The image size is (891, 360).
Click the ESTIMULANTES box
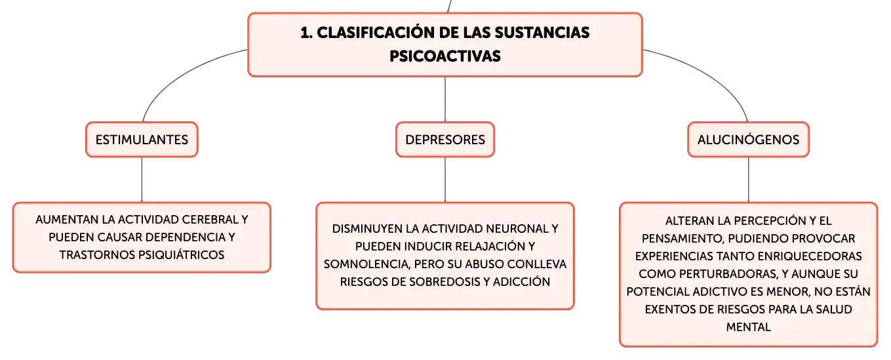point(142,140)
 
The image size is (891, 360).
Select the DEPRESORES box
point(445,140)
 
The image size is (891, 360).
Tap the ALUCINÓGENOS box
point(748,140)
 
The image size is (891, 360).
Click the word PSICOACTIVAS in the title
point(445,56)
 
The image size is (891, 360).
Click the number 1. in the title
point(306,33)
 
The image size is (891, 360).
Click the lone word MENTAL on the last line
point(748,327)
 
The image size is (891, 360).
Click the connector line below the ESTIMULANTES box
point(142,180)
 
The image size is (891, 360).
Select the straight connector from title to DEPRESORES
point(445,100)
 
